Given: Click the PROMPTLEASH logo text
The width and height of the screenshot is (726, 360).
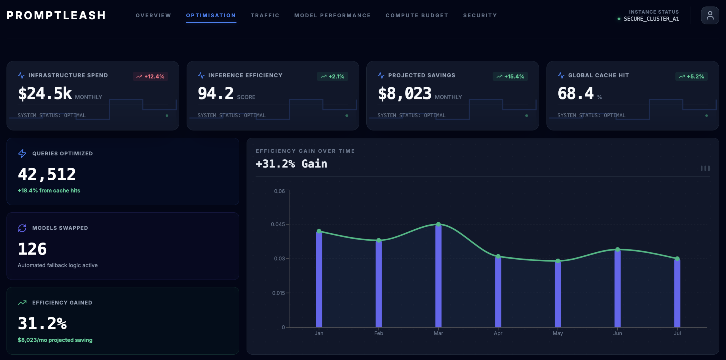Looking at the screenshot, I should click(x=56, y=15).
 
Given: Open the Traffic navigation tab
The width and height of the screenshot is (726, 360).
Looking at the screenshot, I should click(x=265, y=15).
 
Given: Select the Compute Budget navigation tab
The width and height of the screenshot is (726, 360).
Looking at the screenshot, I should click(x=417, y=15).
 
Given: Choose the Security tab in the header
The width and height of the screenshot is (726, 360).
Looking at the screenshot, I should click(x=480, y=15).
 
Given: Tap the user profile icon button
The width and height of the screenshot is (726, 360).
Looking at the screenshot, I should click(x=710, y=15).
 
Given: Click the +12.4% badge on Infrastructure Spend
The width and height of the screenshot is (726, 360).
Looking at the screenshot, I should click(x=151, y=76).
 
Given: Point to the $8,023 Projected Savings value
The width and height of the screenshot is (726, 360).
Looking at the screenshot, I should click(x=404, y=94).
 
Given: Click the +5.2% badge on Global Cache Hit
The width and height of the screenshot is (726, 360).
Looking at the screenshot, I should click(x=691, y=76).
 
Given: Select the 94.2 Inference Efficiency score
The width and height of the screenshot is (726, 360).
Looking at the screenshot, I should click(x=216, y=94).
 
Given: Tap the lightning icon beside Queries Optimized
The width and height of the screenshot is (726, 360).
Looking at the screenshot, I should click(x=22, y=153).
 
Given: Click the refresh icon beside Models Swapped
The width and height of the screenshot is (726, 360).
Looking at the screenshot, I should click(x=22, y=228).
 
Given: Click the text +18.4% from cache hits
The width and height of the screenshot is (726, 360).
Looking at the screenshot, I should click(x=49, y=190).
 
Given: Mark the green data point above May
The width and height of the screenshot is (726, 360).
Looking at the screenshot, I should click(x=558, y=261).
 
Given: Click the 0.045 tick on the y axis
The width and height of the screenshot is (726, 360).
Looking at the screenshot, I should click(x=278, y=224).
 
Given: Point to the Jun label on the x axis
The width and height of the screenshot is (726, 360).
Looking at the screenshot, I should click(x=617, y=333).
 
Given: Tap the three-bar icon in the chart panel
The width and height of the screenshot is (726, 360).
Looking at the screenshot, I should click(x=705, y=168).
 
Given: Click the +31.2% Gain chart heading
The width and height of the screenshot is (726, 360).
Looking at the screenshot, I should click(x=291, y=164).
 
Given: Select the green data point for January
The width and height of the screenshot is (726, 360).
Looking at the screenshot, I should click(x=319, y=231).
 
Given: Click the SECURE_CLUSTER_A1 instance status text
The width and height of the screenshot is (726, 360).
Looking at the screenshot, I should click(x=651, y=19).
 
